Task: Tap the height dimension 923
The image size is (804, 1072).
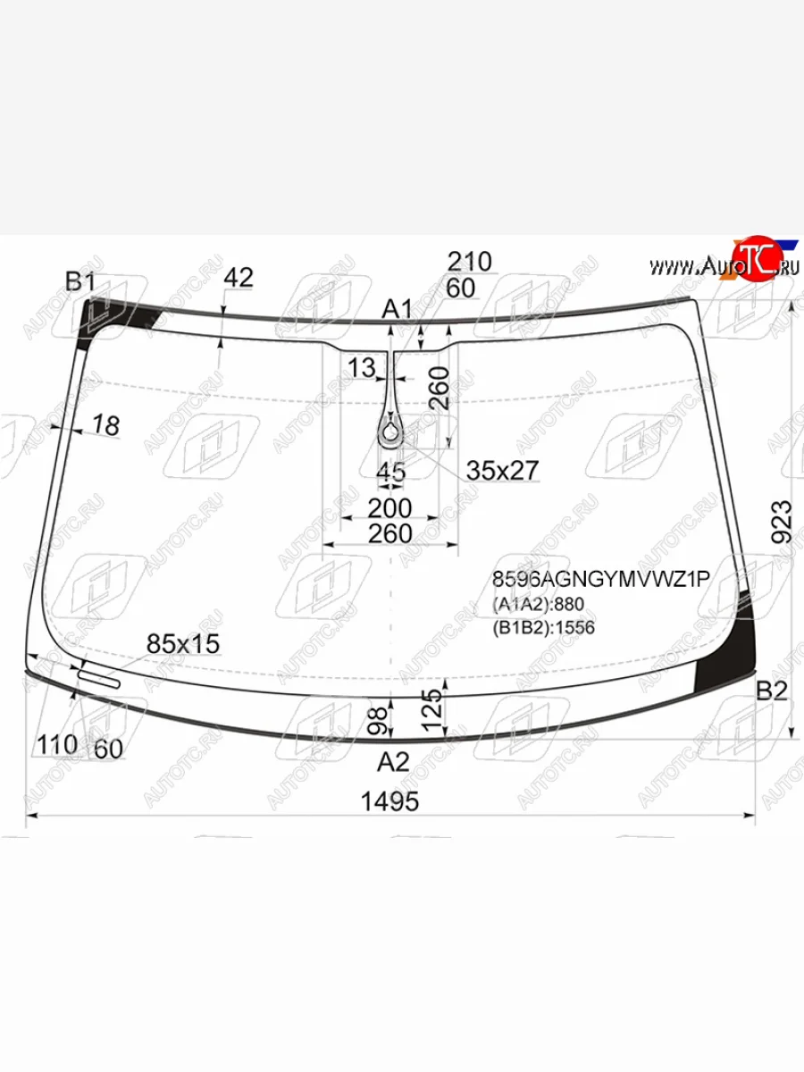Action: click(x=782, y=522)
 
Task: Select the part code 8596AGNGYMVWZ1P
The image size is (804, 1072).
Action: click(x=601, y=579)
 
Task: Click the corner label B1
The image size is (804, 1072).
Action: click(x=80, y=281)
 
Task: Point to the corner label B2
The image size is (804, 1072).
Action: click(x=772, y=691)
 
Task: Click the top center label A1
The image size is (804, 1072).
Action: click(x=397, y=309)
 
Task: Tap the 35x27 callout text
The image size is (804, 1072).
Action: click(x=502, y=470)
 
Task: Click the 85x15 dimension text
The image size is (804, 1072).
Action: click(x=183, y=644)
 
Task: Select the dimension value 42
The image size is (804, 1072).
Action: click(x=239, y=278)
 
